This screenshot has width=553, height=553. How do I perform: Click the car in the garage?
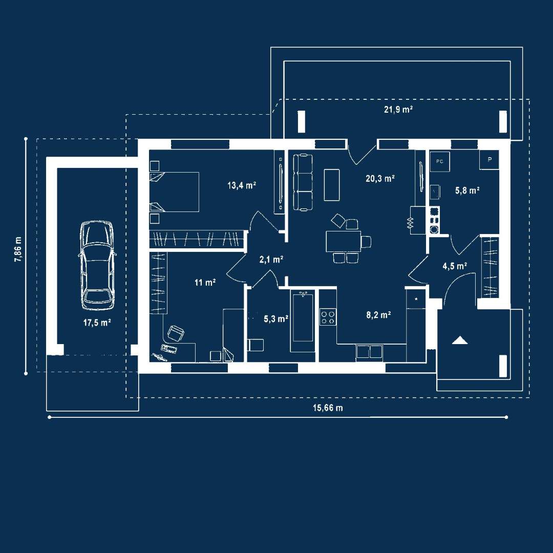tap(96, 265)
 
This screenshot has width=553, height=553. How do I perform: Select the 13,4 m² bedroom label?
tap(242, 185)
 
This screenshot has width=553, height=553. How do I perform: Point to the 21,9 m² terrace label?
tap(399, 110)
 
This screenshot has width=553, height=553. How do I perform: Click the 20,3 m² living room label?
tap(380, 179)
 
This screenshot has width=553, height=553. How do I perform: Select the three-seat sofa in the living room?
tap(303, 182)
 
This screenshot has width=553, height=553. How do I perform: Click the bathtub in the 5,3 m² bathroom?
tap(303, 321)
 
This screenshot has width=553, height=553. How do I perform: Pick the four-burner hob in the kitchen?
tap(328, 317)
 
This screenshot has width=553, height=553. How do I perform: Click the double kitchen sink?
tap(369, 352)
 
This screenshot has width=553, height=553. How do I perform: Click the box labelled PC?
tap(439, 161)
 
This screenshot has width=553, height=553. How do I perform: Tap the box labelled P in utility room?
tap(490, 160)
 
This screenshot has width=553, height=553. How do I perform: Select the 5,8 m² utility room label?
tap(467, 190)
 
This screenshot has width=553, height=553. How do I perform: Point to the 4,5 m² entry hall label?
tap(455, 266)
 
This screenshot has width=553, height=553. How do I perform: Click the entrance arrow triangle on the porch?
tap(459, 340)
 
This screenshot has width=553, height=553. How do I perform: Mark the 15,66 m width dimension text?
tap(328, 408)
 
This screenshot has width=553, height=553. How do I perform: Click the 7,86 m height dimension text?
tap(18, 250)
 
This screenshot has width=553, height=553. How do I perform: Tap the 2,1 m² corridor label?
tap(271, 260)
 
